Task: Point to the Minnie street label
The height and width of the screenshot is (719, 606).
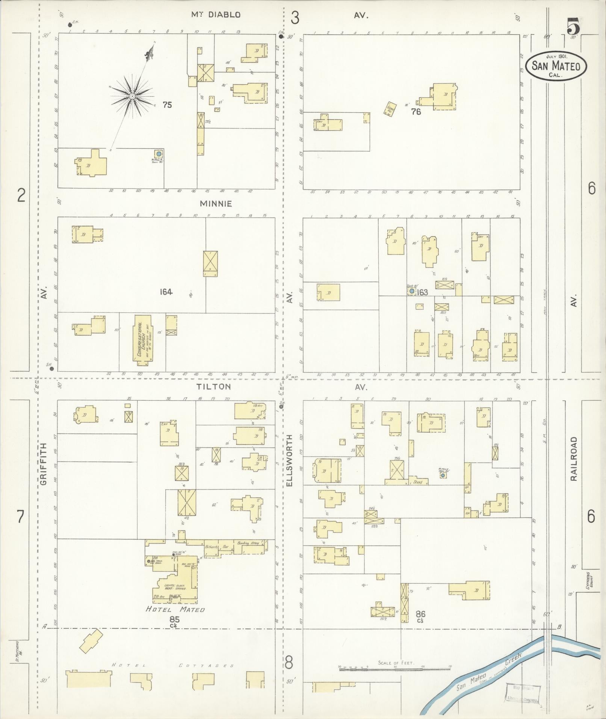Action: point(216,204)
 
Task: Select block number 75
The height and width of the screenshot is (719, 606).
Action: point(167,105)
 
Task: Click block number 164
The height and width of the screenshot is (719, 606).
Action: point(165,291)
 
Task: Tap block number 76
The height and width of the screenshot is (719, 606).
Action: point(416,111)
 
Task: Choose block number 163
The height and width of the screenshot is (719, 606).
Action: point(422,292)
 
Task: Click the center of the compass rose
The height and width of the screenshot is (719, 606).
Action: point(132,97)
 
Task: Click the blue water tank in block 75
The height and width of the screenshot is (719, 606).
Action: point(159,154)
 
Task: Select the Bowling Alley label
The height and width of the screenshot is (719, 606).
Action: point(247,543)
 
